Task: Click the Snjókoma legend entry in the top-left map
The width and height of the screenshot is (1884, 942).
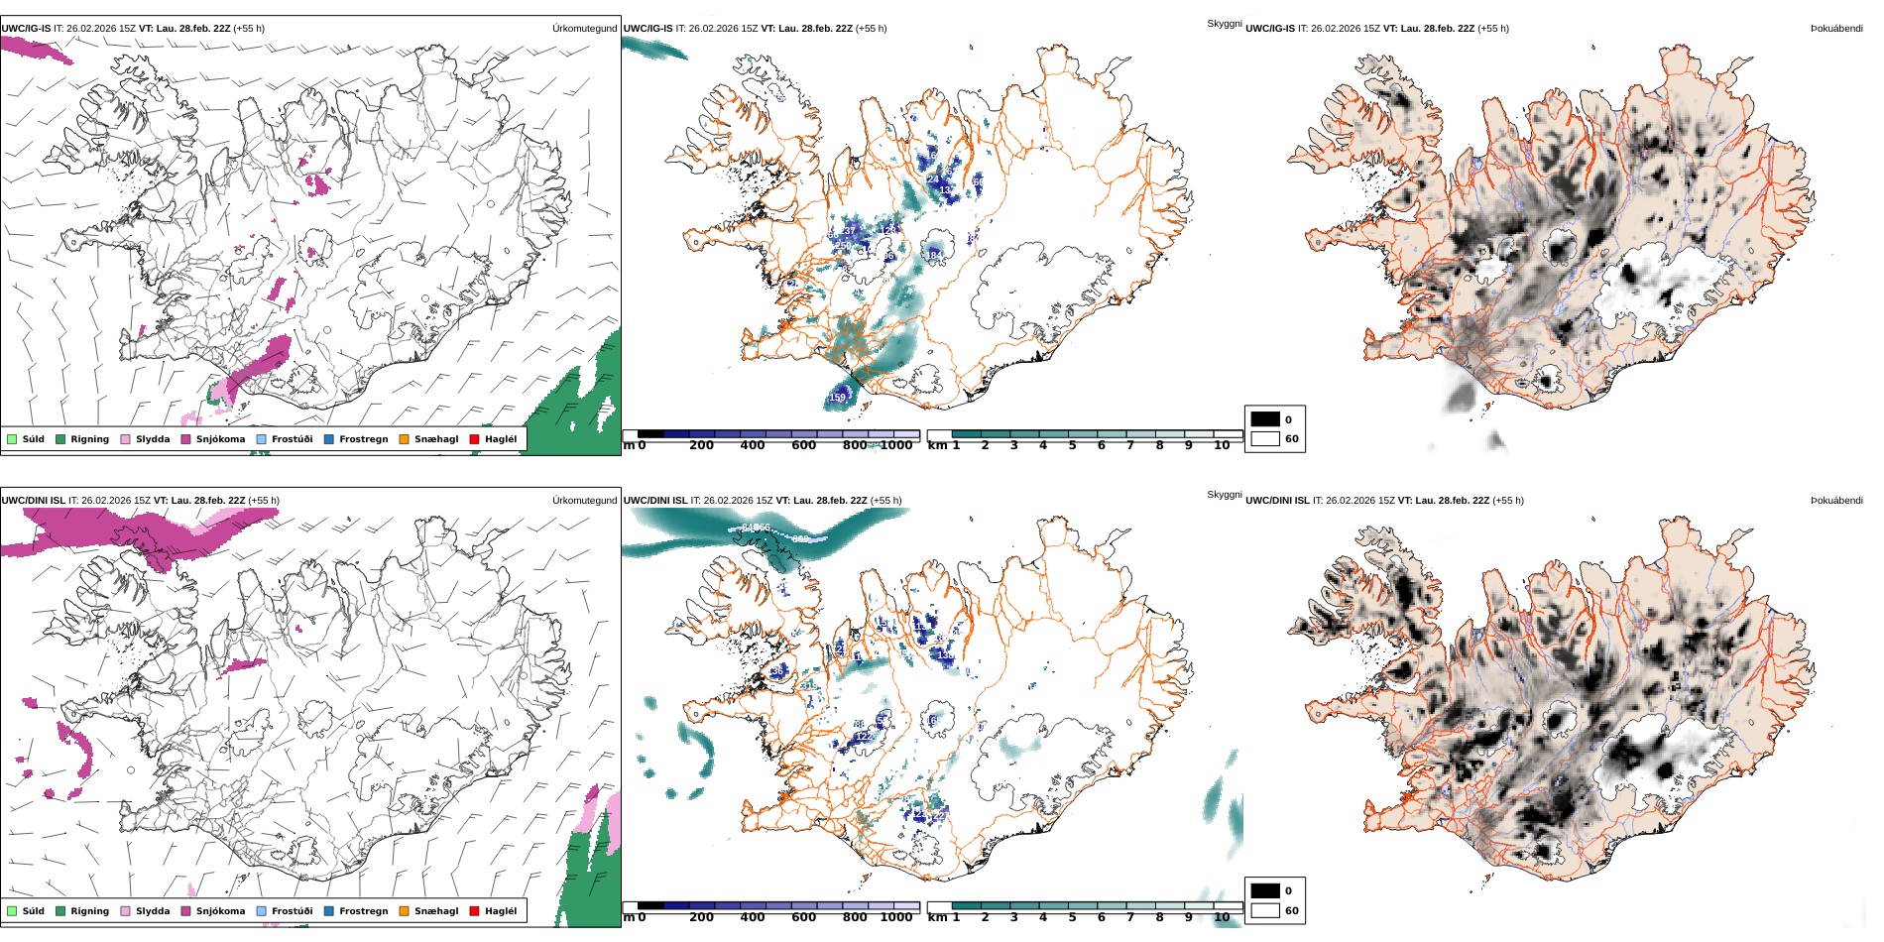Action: [219, 439]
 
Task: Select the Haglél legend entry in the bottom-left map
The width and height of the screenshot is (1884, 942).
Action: [500, 911]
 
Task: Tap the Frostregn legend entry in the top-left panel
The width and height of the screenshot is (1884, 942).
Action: [363, 439]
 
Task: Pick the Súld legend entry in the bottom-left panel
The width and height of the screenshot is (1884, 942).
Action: [33, 911]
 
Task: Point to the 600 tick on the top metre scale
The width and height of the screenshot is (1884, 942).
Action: [803, 446]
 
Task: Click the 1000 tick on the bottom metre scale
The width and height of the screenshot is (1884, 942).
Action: [895, 917]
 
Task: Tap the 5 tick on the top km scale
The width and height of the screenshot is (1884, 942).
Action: [1072, 446]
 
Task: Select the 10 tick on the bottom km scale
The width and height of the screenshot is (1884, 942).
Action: [1222, 917]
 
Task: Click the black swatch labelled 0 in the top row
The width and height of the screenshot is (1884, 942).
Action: [1264, 419]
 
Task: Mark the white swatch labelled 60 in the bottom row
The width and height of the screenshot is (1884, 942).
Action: [1264, 910]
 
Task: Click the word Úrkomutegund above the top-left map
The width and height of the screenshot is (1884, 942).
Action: [584, 29]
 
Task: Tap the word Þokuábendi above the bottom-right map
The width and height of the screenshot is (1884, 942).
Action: [1836, 501]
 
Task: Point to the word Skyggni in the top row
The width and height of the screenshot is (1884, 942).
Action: [1224, 23]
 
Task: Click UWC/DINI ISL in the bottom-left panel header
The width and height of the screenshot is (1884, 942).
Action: [33, 501]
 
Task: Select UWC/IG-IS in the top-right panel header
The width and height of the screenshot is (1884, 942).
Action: [1269, 29]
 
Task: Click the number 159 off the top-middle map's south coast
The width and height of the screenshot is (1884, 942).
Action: [838, 398]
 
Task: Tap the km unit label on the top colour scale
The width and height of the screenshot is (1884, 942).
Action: [936, 446]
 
